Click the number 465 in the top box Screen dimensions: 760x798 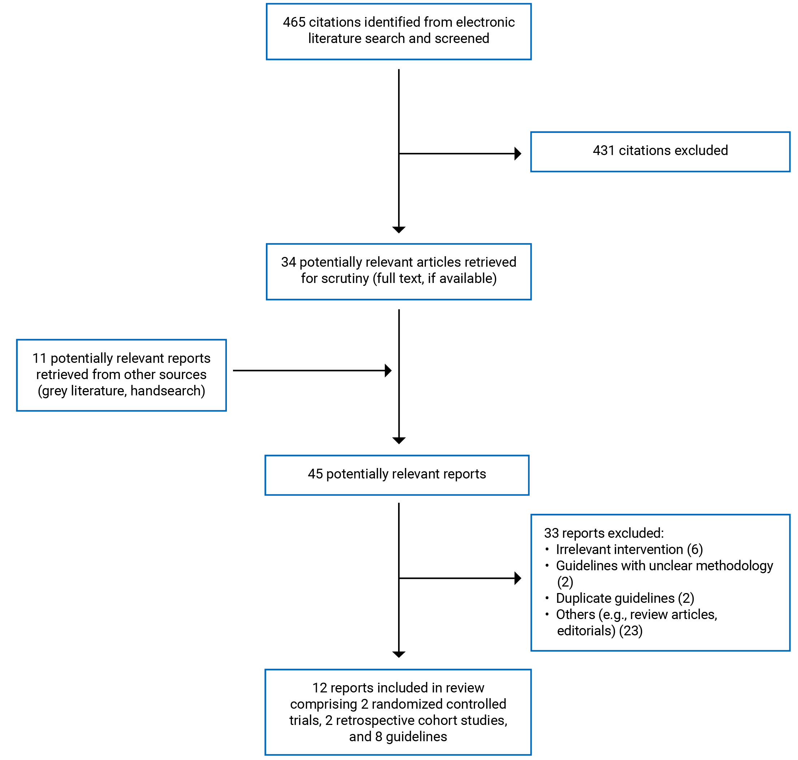[x=294, y=22]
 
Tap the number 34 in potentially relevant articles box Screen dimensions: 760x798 [x=288, y=262]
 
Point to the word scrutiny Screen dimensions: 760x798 [x=345, y=278]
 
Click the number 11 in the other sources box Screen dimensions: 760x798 [x=39, y=358]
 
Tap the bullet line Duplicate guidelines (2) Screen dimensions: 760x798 [x=625, y=598]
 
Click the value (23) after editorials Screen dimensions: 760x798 [x=630, y=630]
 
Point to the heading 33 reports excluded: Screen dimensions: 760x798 [x=604, y=533]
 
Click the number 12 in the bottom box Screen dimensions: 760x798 [x=319, y=688]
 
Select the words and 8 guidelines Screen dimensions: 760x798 [x=398, y=737]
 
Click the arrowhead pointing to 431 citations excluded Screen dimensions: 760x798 [x=517, y=154]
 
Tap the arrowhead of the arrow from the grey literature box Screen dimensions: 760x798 [x=388, y=370]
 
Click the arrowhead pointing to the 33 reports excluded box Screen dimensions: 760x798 [x=517, y=578]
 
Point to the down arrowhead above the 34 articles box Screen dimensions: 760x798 [x=399, y=230]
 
